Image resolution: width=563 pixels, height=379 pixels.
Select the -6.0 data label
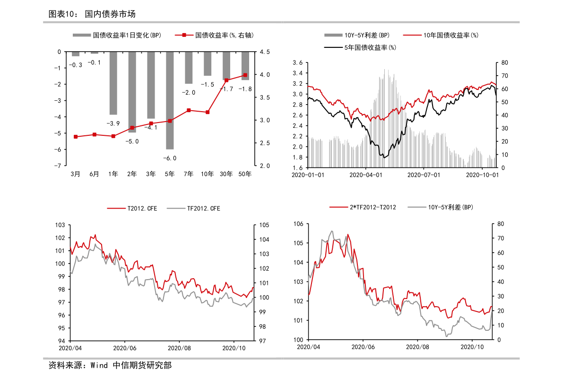pos(170,158)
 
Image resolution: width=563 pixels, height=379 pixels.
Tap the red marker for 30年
pos(226,80)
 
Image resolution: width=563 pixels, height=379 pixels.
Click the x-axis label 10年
pos(208,174)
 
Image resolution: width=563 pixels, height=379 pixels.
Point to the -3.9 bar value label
pos(113,123)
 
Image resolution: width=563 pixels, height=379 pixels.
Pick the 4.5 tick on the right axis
pos(265,52)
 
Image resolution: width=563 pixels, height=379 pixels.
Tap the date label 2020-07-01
pos(424,175)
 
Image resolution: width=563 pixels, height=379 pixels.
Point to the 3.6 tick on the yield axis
pos(298,63)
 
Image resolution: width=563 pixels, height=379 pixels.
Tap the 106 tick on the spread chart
pos(298,224)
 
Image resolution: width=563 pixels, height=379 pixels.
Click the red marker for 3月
pos(75,137)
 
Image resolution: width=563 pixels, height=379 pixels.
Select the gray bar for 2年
pos(132,92)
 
